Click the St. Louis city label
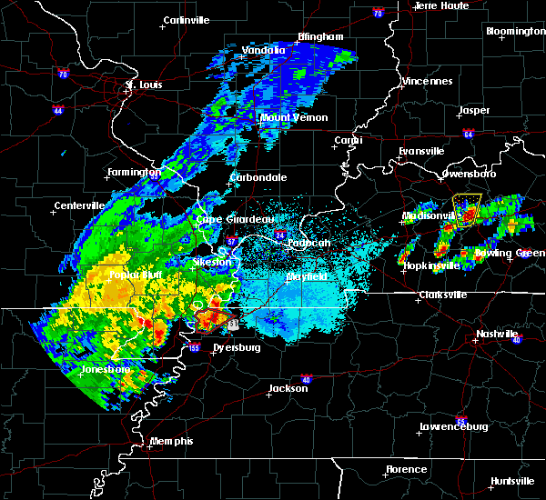[143, 85]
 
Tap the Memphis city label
[173, 441]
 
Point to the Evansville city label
[421, 151]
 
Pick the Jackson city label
[287, 388]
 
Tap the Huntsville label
[512, 481]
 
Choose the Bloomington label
[515, 31]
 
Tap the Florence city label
[405, 469]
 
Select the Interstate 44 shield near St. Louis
[57, 110]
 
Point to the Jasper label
[474, 110]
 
